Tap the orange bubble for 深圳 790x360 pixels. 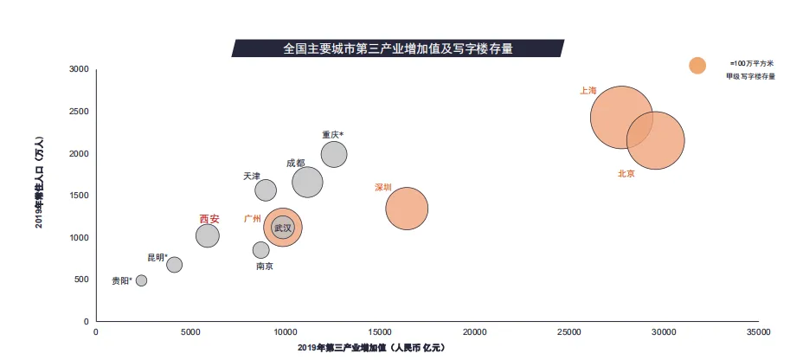pyautogui.click(x=407, y=208)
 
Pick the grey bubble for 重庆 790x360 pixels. pyautogui.click(x=334, y=154)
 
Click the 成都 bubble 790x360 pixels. pyautogui.click(x=307, y=182)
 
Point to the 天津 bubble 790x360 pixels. pyautogui.click(x=266, y=190)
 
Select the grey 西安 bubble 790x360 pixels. pyautogui.click(x=208, y=235)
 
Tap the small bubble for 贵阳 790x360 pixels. pyautogui.click(x=141, y=280)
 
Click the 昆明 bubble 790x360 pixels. pyautogui.click(x=174, y=265)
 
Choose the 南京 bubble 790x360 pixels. pyautogui.click(x=260, y=250)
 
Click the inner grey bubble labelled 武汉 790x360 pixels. pyautogui.click(x=283, y=228)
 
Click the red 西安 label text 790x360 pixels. pyautogui.click(x=209, y=219)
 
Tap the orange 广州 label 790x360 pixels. pyautogui.click(x=253, y=219)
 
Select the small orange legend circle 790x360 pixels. pyautogui.click(x=697, y=65)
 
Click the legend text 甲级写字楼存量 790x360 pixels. pyautogui.click(x=751, y=76)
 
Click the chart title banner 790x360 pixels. pyautogui.click(x=398, y=48)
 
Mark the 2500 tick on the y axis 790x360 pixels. pyautogui.click(x=79, y=112)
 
